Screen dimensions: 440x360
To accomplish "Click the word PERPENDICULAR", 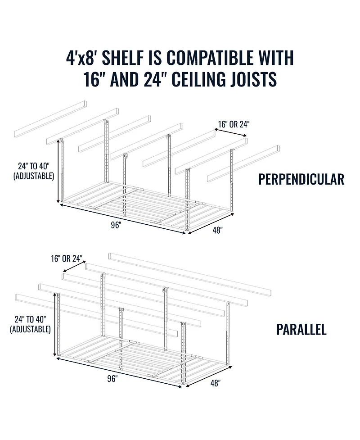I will [301, 179].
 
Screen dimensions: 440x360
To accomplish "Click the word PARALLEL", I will [301, 329].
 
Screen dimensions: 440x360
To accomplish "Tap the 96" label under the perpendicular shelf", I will [116, 225].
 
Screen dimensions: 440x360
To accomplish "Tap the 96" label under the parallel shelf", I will [112, 379].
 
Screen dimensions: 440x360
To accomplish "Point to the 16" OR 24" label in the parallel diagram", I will [67, 259].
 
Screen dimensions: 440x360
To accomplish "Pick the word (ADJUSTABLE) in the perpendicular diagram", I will [34, 176].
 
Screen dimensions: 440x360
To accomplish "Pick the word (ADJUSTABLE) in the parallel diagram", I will [31, 329].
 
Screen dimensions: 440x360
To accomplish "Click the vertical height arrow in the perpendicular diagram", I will [58, 171].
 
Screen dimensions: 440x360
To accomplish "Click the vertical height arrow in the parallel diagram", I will [55, 325].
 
